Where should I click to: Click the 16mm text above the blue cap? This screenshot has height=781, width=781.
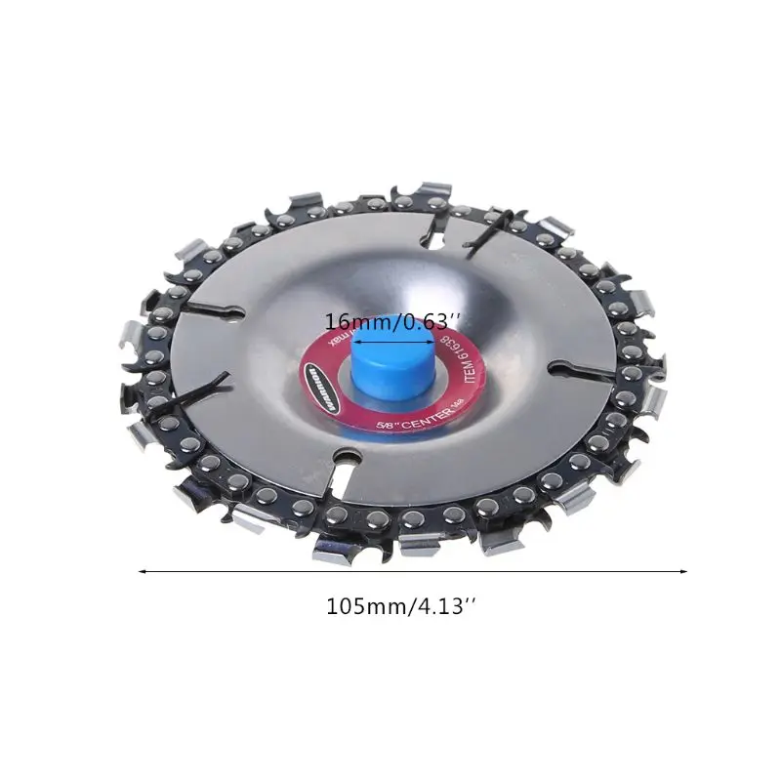point(353,322)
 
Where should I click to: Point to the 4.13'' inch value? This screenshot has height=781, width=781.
point(444,606)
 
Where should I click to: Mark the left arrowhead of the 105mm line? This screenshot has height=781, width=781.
point(144,572)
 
